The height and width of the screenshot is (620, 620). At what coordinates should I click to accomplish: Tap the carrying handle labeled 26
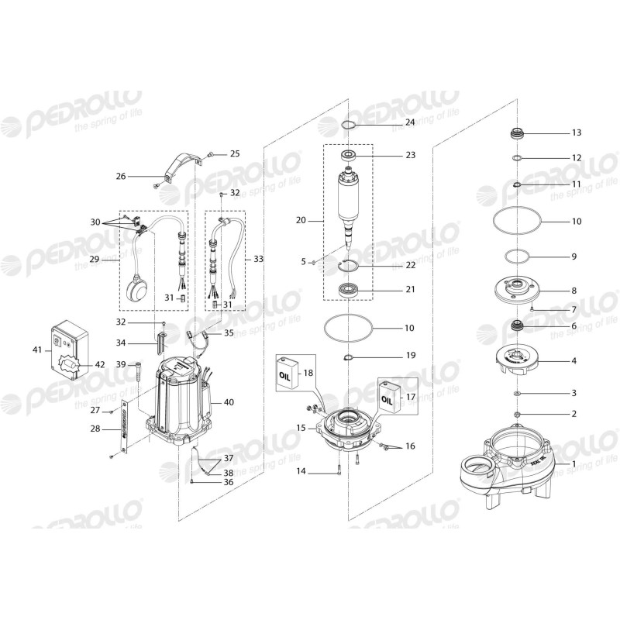point(181,169)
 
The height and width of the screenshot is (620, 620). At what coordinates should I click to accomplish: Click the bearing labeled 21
point(349,293)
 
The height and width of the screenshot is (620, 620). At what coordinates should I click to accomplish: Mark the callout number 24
point(410,123)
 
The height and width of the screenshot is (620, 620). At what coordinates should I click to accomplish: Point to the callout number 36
point(229,482)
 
